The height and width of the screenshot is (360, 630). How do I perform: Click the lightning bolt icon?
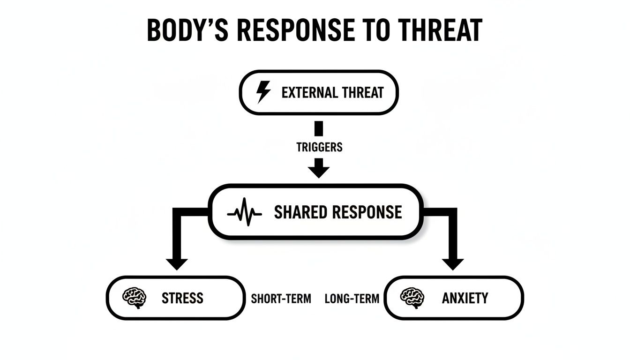263,92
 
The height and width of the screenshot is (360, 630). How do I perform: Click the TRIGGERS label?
319,147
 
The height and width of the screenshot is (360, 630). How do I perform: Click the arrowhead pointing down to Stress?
176,263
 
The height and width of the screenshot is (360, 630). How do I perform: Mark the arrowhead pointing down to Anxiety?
452,263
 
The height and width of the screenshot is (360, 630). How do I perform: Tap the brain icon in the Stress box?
134,298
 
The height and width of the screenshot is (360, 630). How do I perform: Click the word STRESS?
182,298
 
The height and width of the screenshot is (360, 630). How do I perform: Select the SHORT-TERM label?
281,299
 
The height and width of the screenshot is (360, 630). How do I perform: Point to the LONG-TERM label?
352,299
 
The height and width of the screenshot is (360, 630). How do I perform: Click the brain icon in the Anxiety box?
412,298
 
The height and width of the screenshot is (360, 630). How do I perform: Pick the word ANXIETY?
465,298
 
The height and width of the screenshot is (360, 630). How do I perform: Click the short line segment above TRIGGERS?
319,128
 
